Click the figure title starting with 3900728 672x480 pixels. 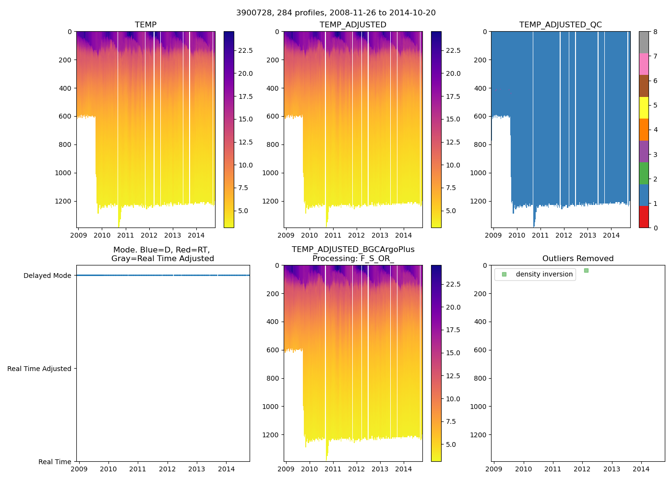point(336,13)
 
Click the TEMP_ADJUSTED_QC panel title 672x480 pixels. point(560,25)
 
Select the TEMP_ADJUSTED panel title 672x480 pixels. point(353,25)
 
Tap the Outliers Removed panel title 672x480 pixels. point(577,259)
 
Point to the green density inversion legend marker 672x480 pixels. point(504,275)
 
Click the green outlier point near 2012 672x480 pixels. point(586,271)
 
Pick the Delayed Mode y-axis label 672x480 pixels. point(47,276)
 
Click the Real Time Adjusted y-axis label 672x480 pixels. point(39,369)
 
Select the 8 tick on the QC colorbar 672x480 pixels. point(655,32)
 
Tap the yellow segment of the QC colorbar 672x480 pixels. point(644,108)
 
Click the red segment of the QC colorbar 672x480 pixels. point(644,217)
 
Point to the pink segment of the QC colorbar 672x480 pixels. point(644,64)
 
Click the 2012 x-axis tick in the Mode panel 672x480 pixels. point(167,469)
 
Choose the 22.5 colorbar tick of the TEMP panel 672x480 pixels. point(245,50)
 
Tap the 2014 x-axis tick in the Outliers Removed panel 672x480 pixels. point(641,469)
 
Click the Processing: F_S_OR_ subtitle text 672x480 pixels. point(353,259)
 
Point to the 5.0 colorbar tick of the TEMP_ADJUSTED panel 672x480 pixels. point(453,211)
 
